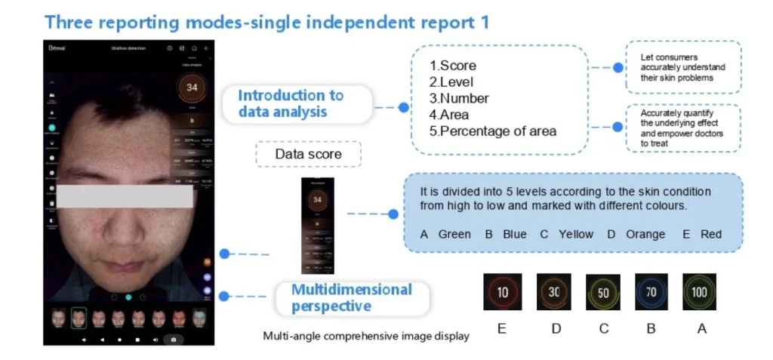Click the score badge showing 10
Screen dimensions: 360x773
tap(502, 292)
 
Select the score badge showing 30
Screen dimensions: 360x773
tap(553, 292)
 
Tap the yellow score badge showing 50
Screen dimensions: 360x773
tap(602, 292)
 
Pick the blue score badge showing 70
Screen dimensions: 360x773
tap(651, 292)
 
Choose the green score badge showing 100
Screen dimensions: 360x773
tap(700, 292)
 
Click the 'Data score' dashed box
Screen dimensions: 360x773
tap(308, 154)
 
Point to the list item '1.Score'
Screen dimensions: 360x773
tap(453, 66)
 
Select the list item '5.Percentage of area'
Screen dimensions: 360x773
tap(492, 131)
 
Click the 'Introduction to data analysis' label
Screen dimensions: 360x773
tap(291, 104)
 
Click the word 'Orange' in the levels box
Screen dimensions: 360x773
tap(645, 234)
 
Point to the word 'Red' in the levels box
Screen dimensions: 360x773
tap(711, 234)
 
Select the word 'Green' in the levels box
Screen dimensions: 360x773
tap(454, 234)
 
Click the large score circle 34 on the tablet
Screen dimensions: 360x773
tap(192, 88)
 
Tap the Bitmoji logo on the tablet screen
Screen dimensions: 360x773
tap(58, 48)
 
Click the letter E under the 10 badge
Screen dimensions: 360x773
tap(502, 328)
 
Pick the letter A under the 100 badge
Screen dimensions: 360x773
tap(701, 328)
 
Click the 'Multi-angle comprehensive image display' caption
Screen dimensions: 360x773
tap(366, 336)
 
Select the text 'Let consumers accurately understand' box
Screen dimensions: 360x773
tap(682, 67)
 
